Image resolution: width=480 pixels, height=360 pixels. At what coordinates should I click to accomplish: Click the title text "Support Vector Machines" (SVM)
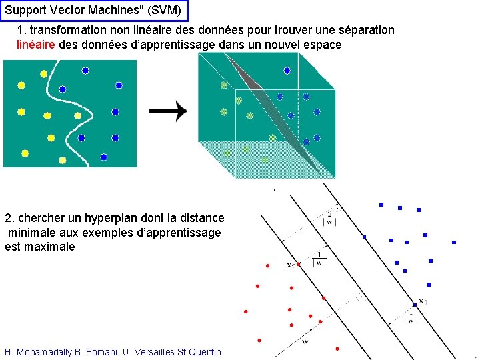pyautogui.click(x=93, y=11)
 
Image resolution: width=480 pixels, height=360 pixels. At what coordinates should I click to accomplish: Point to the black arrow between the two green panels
pyautogui.click(x=168, y=112)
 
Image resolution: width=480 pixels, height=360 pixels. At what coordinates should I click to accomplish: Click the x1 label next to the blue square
pyautogui.click(x=422, y=301)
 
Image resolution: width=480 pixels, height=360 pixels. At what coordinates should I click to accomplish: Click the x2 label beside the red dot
pyautogui.click(x=291, y=266)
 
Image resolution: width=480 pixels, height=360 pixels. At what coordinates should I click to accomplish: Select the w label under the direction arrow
pyautogui.click(x=305, y=342)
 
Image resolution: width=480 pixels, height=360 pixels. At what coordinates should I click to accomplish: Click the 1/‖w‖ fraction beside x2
pyautogui.click(x=319, y=258)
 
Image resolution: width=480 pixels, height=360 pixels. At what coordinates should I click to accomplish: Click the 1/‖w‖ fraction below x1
pyautogui.click(x=411, y=316)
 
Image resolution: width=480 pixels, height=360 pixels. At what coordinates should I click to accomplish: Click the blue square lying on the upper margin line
pyautogui.click(x=364, y=237)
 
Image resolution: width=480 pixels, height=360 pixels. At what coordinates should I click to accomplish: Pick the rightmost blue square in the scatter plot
pyautogui.click(x=453, y=242)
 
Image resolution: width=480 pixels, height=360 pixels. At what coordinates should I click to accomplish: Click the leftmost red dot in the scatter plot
pyautogui.click(x=245, y=311)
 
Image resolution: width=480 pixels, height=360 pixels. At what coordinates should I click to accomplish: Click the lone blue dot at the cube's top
pyautogui.click(x=287, y=71)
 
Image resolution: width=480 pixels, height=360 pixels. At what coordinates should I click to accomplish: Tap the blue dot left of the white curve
pyautogui.click(x=62, y=89)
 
